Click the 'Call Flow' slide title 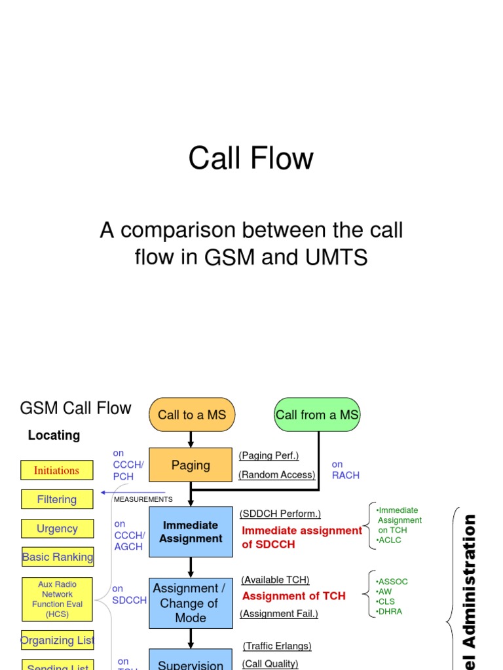(x=251, y=158)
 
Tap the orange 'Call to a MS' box (x=191, y=415)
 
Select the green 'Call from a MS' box (x=317, y=415)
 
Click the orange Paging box (x=191, y=465)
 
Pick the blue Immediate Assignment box (x=191, y=532)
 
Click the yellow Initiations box (x=56, y=470)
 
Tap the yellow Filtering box (x=57, y=499)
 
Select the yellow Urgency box (x=57, y=529)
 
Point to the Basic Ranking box (x=58, y=557)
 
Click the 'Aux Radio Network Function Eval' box (x=57, y=599)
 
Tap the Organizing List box (x=58, y=640)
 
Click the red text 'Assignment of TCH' (x=293, y=596)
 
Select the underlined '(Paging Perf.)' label (x=269, y=455)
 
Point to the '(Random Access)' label (x=277, y=475)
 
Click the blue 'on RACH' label (x=345, y=470)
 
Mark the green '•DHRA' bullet (x=390, y=611)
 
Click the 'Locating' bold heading (x=54, y=436)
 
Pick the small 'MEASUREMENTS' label (x=143, y=499)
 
